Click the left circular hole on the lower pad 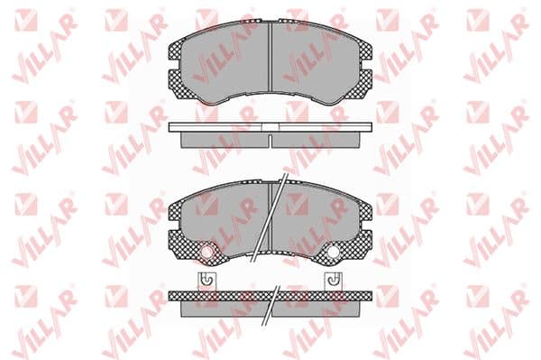pyautogui.click(x=207, y=253)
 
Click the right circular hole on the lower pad pyautogui.click(x=334, y=253)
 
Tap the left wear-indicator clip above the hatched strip pyautogui.click(x=207, y=282)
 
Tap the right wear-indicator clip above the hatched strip pyautogui.click(x=334, y=282)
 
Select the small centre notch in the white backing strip pyautogui.click(x=270, y=127)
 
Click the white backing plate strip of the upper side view pyautogui.click(x=270, y=127)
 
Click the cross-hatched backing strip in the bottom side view pyautogui.click(x=270, y=296)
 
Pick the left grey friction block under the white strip pyautogui.click(x=225, y=140)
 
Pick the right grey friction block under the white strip pyautogui.click(x=316, y=140)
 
